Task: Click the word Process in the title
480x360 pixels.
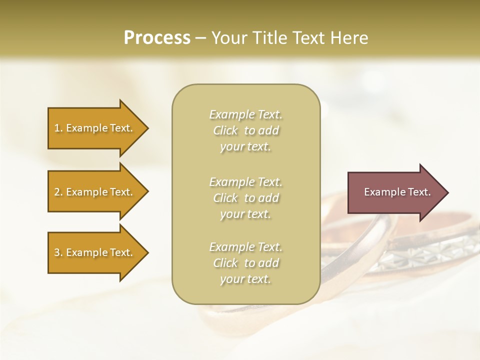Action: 157,38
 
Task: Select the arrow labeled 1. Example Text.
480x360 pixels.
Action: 95,128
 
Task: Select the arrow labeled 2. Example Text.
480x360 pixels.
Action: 95,192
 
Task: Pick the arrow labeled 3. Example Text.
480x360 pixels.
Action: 95,252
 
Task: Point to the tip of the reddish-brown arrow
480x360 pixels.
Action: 447,192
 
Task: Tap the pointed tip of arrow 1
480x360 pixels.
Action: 147,128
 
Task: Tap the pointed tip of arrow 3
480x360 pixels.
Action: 147,252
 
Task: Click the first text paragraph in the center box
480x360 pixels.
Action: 245,130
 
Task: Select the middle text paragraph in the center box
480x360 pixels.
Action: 245,198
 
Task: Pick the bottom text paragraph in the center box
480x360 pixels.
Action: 245,263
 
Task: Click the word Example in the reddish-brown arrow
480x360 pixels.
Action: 379,192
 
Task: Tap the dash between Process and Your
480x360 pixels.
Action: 200,38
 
